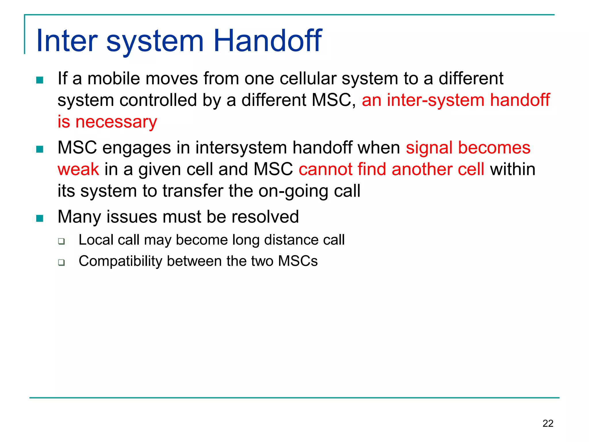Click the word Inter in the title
[x=67, y=41]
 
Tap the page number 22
[x=548, y=423]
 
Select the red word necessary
[x=116, y=122]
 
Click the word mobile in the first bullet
[x=114, y=78]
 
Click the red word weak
[x=78, y=169]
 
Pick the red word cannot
[x=325, y=169]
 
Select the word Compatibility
[x=121, y=261]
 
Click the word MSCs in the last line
[x=298, y=261]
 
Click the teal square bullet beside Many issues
[x=40, y=218]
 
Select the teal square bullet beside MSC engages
[x=40, y=149]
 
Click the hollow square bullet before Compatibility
[x=61, y=262]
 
